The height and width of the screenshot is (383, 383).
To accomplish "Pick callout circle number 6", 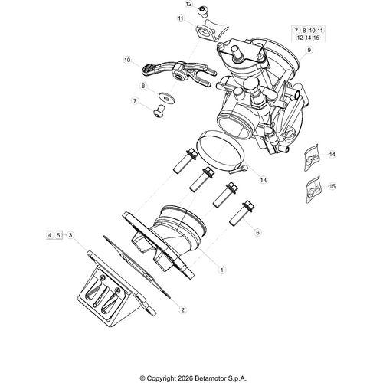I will point(257,232).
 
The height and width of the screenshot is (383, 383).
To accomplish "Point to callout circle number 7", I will point(135,101).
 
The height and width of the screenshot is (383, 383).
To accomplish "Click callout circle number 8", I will point(142,87).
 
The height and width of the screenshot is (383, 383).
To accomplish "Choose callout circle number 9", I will point(308,50).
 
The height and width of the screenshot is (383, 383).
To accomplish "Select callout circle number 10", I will point(128,59).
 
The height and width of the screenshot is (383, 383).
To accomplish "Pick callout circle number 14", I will point(332,155).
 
